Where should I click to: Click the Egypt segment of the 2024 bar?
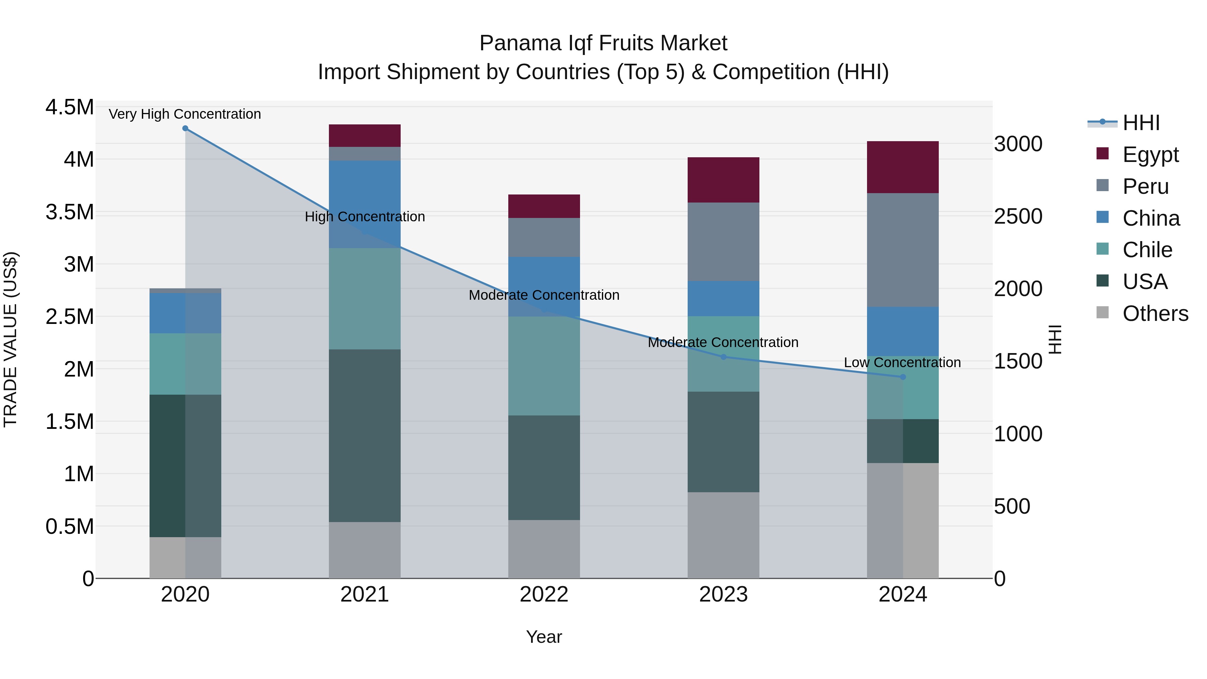point(903,167)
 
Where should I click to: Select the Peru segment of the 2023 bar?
point(723,241)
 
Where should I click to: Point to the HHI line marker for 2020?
point(185,128)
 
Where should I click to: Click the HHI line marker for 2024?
point(903,377)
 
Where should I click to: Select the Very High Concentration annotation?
point(185,114)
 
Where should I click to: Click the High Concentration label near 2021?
point(364,217)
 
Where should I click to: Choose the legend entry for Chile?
point(1147,250)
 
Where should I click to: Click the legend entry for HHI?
point(1141,123)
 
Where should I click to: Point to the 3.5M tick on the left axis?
point(69,212)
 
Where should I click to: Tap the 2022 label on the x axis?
point(544,595)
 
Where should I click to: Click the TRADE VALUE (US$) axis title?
point(10,339)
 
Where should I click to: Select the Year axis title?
point(544,637)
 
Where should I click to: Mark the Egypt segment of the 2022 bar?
point(544,206)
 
